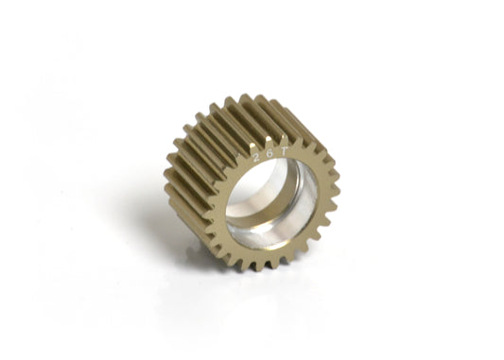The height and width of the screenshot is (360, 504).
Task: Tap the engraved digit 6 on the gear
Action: tap(268, 152)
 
